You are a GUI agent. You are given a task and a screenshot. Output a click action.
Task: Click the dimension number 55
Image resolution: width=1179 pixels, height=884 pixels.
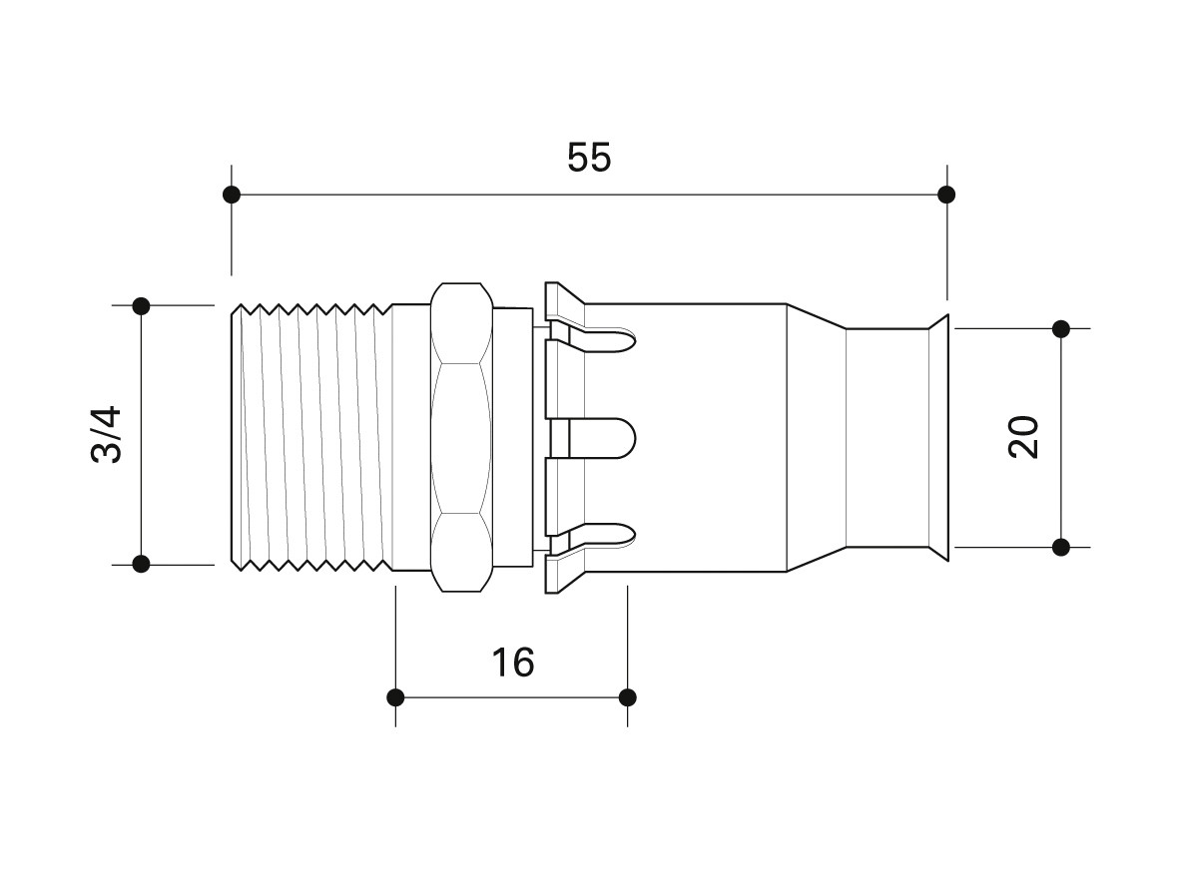pos(589,158)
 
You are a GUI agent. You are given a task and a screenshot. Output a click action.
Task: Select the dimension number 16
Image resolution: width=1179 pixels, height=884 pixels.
pos(513,663)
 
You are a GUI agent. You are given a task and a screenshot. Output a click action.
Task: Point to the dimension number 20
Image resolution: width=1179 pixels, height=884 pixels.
pos(1023,437)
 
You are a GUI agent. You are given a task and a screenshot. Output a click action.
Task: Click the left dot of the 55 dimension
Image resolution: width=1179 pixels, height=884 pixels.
pos(232,195)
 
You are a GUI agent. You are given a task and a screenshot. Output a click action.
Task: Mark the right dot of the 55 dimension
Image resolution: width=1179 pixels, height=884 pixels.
pos(946,195)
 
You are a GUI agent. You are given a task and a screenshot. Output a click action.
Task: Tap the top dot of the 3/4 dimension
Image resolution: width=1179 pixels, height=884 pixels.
pos(141,306)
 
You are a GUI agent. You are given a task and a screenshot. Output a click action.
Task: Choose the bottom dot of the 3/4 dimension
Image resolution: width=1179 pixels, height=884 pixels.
pos(141,564)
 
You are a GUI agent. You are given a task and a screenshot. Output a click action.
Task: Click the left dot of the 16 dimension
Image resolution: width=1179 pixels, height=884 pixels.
pos(395,697)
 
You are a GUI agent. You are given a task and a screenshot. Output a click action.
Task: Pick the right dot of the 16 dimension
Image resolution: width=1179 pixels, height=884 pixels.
pos(628,697)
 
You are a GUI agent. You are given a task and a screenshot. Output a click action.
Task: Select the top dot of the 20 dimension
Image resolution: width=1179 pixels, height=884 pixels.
pos(1061,328)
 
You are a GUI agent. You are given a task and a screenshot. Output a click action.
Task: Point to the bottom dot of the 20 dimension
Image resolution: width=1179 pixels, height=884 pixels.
pos(1061,547)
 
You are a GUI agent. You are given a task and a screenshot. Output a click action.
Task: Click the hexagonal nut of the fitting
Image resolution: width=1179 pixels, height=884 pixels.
pos(461,437)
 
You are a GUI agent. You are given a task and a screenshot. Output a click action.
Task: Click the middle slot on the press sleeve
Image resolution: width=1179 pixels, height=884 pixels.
pos(593,438)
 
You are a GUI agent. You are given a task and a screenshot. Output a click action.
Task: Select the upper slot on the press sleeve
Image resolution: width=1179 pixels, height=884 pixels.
pos(594,340)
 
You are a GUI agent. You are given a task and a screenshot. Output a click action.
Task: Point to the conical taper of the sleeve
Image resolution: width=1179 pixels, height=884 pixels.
pos(816,437)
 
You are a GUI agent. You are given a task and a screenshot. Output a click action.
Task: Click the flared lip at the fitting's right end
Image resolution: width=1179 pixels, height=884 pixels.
pos(939,437)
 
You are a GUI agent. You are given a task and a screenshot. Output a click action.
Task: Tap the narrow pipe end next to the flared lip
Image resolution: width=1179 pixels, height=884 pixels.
pos(888,437)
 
